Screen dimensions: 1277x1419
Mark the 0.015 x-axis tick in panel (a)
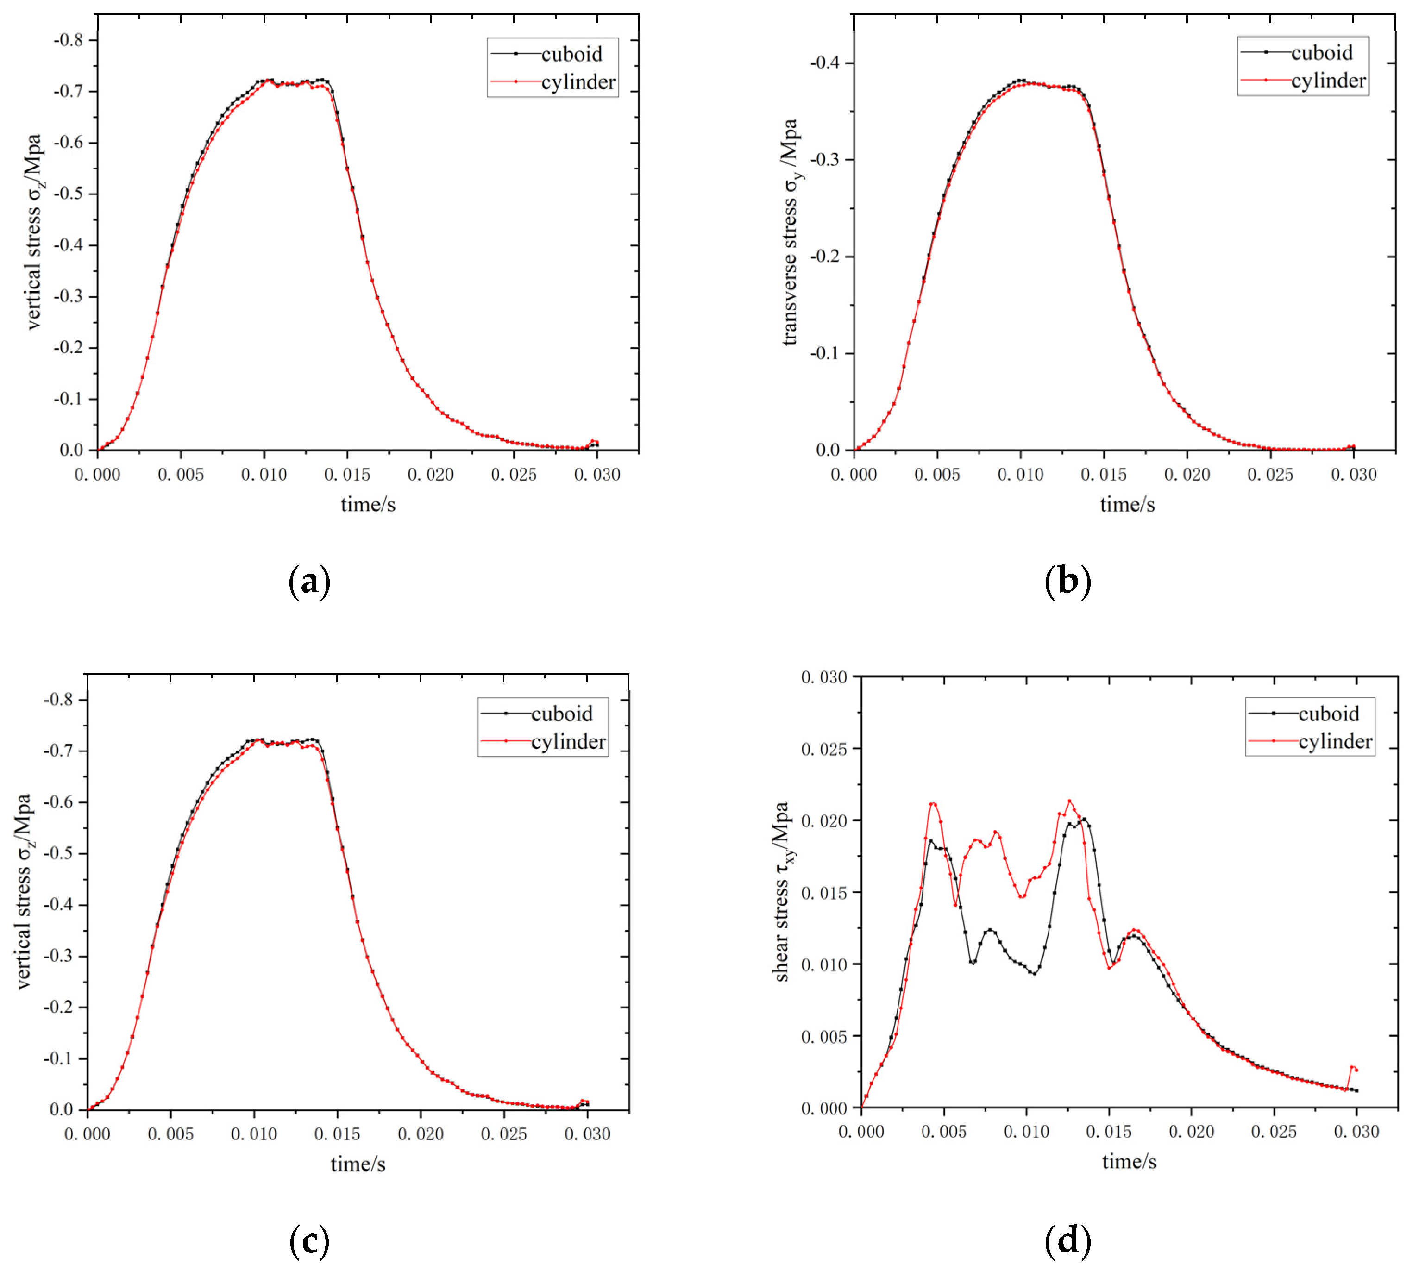click(x=347, y=475)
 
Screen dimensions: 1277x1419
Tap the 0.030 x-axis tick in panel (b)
click(x=1354, y=475)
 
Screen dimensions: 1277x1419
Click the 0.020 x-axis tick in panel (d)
click(x=1191, y=1132)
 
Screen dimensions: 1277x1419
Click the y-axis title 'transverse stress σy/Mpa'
click(x=791, y=232)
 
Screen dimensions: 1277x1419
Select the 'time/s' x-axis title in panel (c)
click(x=358, y=1165)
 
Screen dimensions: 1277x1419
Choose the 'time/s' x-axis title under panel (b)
click(x=1127, y=505)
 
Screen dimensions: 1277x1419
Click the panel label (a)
click(x=309, y=582)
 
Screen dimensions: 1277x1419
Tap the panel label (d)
click(x=1067, y=1241)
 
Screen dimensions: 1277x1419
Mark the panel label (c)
click(x=309, y=1241)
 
